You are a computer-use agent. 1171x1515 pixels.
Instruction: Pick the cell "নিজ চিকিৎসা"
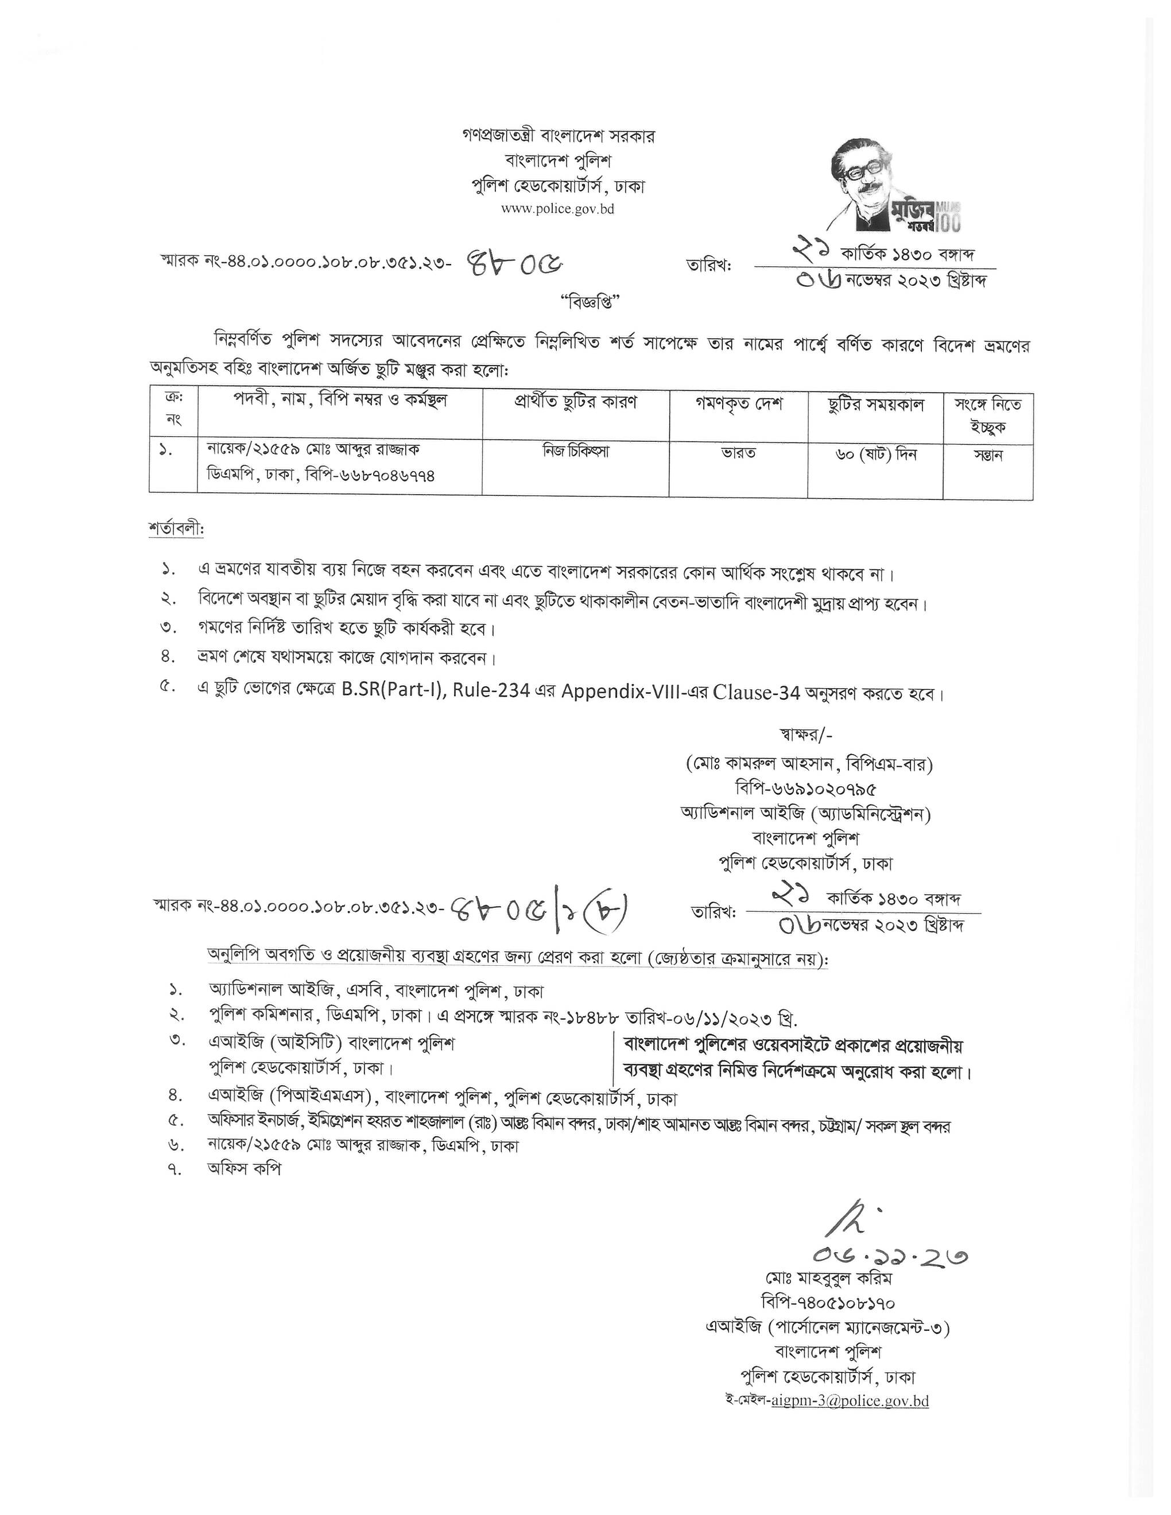coord(575,451)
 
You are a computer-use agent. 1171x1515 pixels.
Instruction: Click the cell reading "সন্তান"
coord(987,456)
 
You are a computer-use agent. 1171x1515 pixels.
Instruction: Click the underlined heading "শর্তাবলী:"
coord(176,529)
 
